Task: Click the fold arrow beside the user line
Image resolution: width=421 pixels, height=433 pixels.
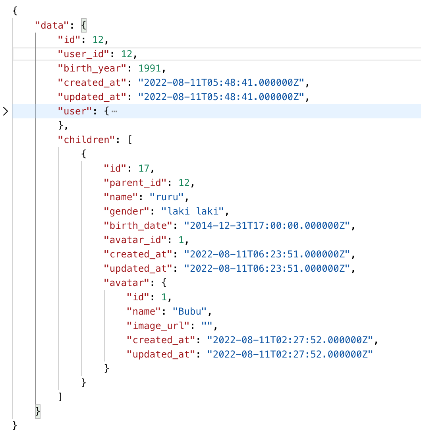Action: [5, 111]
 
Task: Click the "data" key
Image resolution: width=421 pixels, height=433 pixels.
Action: [49, 25]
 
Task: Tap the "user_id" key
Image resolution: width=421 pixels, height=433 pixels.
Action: [83, 54]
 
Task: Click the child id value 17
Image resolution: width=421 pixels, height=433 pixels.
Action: [143, 168]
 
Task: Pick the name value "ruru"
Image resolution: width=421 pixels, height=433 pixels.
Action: [167, 197]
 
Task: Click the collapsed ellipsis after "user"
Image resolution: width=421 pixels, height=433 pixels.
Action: [114, 111]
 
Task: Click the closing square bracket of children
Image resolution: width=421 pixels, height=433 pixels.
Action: [60, 396]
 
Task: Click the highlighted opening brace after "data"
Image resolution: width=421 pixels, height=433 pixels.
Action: [83, 25]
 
